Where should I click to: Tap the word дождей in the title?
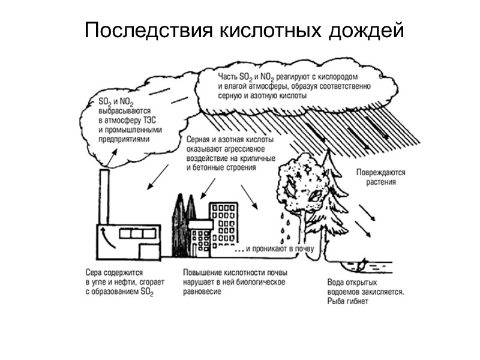pyautogui.click(x=367, y=31)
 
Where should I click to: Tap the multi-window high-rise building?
pyautogui.click(x=224, y=226)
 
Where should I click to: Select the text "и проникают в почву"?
pyautogui.click(x=272, y=248)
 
